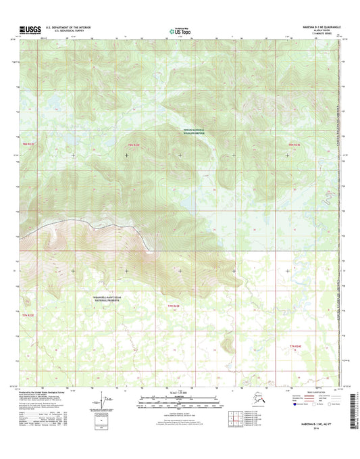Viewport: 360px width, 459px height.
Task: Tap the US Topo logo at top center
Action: [x=178, y=30]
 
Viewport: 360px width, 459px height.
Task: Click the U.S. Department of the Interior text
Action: [x=68, y=28]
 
